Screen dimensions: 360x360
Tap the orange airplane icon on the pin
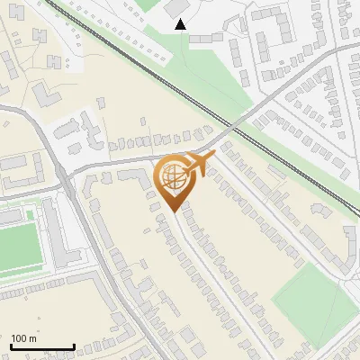201,164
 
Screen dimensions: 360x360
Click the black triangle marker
182,24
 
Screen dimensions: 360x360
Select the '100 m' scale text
23,338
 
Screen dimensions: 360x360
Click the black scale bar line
42,346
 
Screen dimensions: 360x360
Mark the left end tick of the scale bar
11,345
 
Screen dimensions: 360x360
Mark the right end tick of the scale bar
74,345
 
